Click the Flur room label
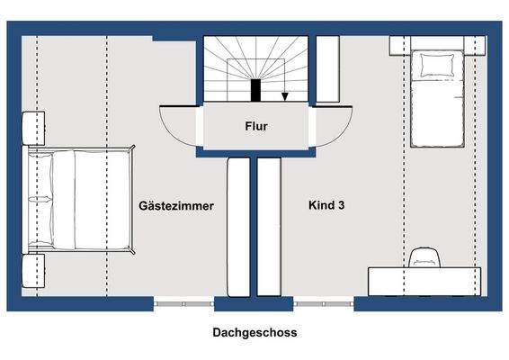point(255,127)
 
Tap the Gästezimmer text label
point(176,206)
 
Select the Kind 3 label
point(326,206)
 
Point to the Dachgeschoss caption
point(254,332)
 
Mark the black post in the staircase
point(256,90)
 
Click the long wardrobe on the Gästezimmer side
point(239,227)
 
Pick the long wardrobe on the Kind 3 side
point(270,227)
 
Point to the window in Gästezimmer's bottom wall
point(183,303)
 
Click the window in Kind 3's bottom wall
point(324,303)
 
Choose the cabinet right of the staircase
point(327,70)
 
